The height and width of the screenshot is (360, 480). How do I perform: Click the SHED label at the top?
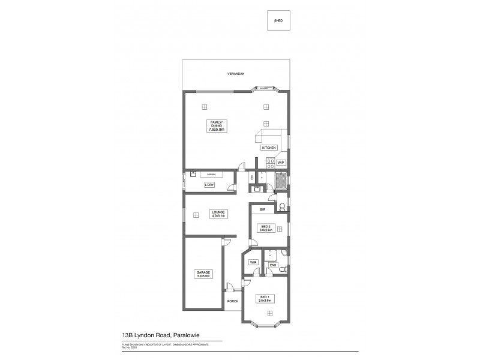[278, 20]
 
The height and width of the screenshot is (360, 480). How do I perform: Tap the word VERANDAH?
[236, 74]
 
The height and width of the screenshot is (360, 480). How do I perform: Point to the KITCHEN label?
[269, 148]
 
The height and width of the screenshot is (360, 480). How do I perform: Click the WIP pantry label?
[280, 163]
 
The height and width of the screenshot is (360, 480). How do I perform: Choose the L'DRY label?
[209, 185]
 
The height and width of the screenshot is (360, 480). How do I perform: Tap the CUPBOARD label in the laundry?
[212, 175]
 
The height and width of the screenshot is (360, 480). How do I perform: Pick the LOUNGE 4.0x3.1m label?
[217, 214]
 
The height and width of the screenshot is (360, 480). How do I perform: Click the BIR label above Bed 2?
[263, 210]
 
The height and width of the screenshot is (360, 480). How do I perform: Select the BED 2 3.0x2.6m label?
[266, 228]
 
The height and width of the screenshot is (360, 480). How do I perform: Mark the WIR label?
[253, 262]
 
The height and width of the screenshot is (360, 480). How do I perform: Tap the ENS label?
[272, 265]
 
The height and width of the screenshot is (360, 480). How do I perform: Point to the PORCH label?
[233, 301]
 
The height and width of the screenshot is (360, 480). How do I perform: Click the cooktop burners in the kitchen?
[269, 161]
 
